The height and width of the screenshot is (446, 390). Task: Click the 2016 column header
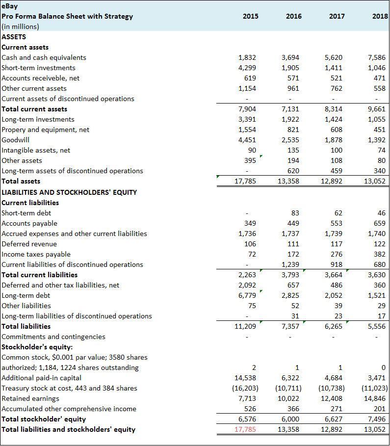pos(293,16)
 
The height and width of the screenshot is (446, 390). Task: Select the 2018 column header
pos(380,16)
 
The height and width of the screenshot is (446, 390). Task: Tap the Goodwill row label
pos(16,140)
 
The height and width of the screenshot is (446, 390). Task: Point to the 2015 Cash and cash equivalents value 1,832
pos(247,57)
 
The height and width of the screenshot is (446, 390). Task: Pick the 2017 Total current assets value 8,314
pos(334,109)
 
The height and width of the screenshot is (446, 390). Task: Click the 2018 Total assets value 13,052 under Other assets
pos(375,181)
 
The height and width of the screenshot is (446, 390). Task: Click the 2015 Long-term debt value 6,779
pos(247,295)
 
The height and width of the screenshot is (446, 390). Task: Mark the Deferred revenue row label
pos(29,244)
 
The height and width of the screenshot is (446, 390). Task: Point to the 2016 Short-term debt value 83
pos(295,213)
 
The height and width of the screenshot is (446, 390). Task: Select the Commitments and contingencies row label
pos(53,337)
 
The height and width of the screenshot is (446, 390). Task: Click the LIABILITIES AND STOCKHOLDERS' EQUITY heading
pos(69,192)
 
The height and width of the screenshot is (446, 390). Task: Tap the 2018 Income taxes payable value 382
pos(379,254)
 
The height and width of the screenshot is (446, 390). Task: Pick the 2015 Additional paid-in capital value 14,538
pos(245,378)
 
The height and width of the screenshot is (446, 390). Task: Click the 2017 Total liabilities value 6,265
pos(334,326)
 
